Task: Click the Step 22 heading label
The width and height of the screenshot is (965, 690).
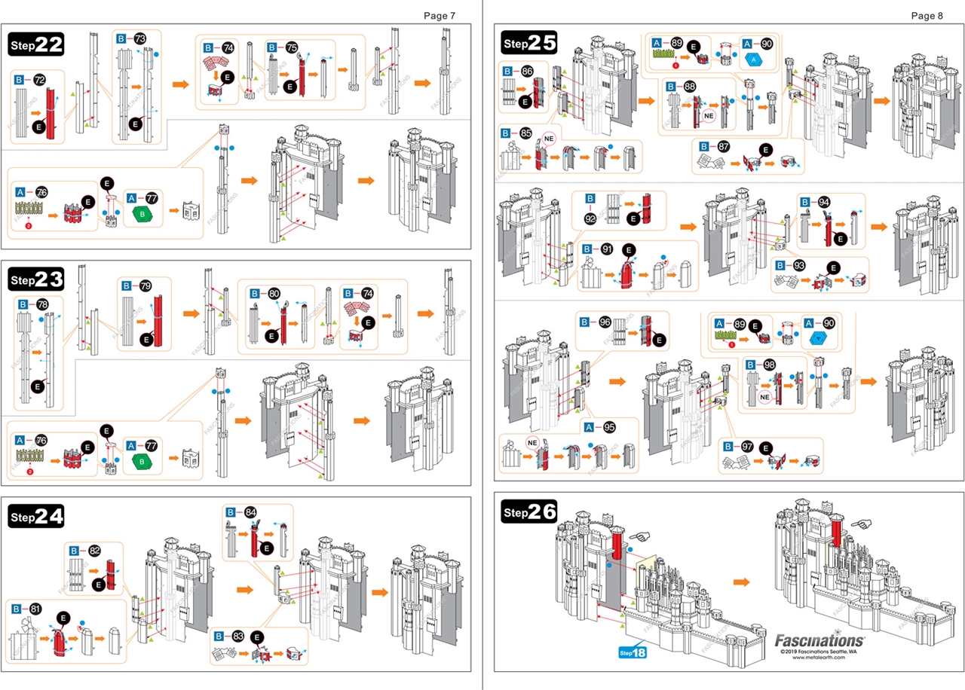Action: (36, 44)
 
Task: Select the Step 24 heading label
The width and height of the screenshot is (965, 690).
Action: (36, 516)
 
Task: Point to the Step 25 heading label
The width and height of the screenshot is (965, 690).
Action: (530, 43)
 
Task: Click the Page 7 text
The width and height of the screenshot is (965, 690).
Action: (440, 15)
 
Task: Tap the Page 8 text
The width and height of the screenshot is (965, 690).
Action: (927, 15)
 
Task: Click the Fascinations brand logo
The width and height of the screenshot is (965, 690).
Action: (819, 640)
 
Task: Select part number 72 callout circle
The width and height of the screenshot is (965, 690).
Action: (39, 79)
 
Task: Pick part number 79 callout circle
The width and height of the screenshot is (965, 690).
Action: (145, 286)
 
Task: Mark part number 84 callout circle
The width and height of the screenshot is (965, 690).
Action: (250, 512)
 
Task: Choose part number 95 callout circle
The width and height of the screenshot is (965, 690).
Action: (609, 427)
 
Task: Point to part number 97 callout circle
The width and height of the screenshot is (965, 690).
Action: (748, 446)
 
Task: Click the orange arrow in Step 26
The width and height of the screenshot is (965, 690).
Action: (742, 582)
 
